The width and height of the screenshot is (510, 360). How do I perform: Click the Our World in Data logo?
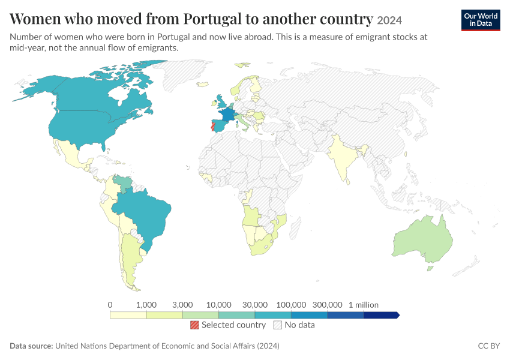tap(481, 20)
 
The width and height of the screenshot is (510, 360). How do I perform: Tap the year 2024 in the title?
tap(389, 20)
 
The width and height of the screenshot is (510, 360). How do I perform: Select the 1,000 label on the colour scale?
tap(146, 305)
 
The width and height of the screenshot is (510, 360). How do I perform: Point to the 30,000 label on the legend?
tap(254, 305)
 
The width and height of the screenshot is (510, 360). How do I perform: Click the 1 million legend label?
tap(364, 305)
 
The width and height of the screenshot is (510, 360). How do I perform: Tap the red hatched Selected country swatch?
tap(194, 325)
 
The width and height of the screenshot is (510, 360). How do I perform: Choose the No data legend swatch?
tap(277, 325)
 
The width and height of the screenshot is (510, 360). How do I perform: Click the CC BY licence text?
tap(489, 346)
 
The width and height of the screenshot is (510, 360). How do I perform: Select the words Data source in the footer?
tap(31, 346)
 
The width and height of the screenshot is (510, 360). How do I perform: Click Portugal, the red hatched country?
tap(213, 126)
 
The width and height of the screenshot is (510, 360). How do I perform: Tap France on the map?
tap(227, 115)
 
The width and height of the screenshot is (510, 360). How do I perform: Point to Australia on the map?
tap(423, 239)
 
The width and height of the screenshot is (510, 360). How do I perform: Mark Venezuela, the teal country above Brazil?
tap(124, 183)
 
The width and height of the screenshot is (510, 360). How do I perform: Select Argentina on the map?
tap(130, 260)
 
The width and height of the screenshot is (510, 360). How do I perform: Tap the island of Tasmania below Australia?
tap(430, 268)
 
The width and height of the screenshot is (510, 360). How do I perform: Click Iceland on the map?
tap(202, 84)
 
